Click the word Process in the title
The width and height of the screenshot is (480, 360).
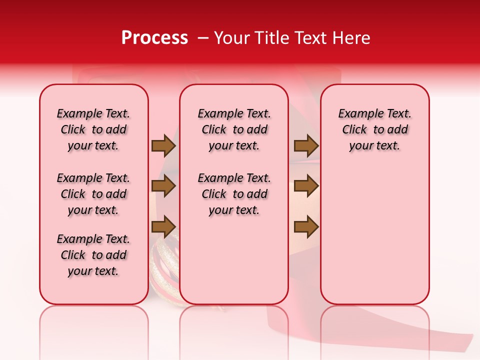154,38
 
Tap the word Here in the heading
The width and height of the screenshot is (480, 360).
352,38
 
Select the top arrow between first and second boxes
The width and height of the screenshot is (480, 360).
163,145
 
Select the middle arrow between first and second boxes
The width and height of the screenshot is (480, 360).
163,186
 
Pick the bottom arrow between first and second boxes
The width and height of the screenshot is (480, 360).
163,227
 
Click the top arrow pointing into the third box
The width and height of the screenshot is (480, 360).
306,145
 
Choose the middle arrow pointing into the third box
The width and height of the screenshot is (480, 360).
306,186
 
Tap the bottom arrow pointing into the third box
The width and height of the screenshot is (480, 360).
306,227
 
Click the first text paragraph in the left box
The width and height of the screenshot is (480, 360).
93,129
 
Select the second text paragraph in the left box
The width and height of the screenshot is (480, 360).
93,194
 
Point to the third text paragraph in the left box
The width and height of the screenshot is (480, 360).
93,255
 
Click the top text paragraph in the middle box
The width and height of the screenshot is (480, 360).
234,129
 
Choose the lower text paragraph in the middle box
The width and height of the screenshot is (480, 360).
234,194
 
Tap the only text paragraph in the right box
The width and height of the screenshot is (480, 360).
374,129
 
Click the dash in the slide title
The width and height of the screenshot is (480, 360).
203,38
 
